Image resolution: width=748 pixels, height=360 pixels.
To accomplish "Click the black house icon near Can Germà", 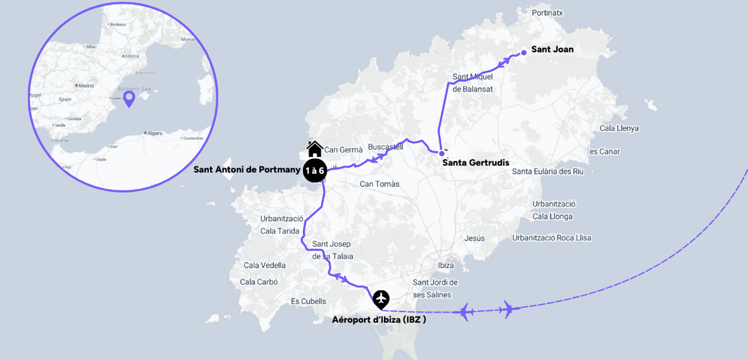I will coord(314,149).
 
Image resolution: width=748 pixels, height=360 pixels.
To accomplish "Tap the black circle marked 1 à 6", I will coord(314,171).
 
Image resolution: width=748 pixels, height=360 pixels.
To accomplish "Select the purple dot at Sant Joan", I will coord(523,53).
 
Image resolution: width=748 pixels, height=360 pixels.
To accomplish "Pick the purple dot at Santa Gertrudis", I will coord(442,153).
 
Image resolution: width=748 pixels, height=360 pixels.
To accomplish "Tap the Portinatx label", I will coord(547,13).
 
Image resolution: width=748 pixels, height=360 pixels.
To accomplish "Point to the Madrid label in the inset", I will coord(86,86).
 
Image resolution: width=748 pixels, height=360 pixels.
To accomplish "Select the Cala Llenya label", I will coord(619,128).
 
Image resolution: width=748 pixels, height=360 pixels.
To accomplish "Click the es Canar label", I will coord(604,152).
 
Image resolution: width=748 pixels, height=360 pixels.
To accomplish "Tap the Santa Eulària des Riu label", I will coord(547,171).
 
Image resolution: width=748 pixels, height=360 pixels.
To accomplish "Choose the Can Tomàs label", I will coord(379,184).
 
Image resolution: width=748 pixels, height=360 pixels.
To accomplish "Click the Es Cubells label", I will coord(308,301).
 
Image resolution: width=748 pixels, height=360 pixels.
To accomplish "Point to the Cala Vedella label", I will coord(264,265).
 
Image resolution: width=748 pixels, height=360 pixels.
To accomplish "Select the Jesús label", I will coord(474,238).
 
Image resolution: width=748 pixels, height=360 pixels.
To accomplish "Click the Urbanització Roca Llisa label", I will coord(551,238).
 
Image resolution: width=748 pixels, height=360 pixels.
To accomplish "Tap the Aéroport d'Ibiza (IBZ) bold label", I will coord(379,319).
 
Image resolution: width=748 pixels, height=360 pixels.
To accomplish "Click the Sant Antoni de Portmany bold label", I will coord(247,169).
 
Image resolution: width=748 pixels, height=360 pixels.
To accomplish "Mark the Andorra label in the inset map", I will coord(130,56).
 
